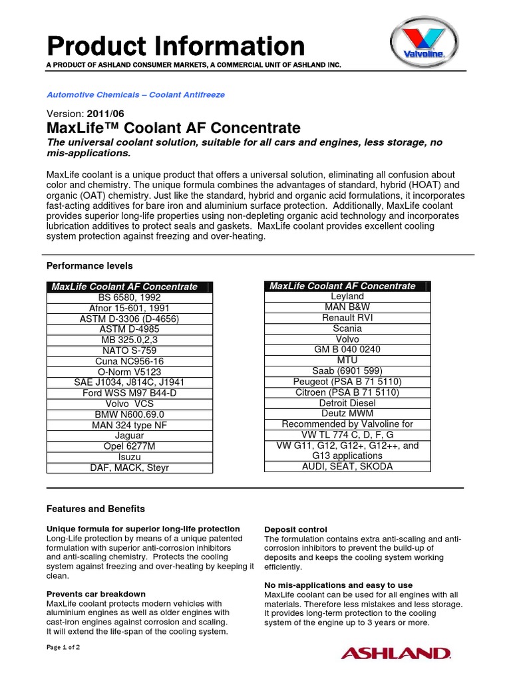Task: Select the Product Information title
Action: point(176,46)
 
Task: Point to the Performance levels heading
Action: point(89,265)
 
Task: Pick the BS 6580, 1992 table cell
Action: point(129,297)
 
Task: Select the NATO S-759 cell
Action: point(129,350)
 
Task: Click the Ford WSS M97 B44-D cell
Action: point(129,393)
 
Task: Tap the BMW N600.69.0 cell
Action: point(129,414)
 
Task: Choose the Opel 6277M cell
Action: point(129,446)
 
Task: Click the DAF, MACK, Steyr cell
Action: point(129,468)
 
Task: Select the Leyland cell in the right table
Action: point(347,296)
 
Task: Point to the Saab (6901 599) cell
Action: point(347,370)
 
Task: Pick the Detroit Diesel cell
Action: point(347,403)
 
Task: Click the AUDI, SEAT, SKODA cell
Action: point(347,466)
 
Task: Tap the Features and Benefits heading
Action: point(95,509)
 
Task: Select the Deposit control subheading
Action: point(295,529)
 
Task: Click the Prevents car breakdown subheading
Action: point(96,594)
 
